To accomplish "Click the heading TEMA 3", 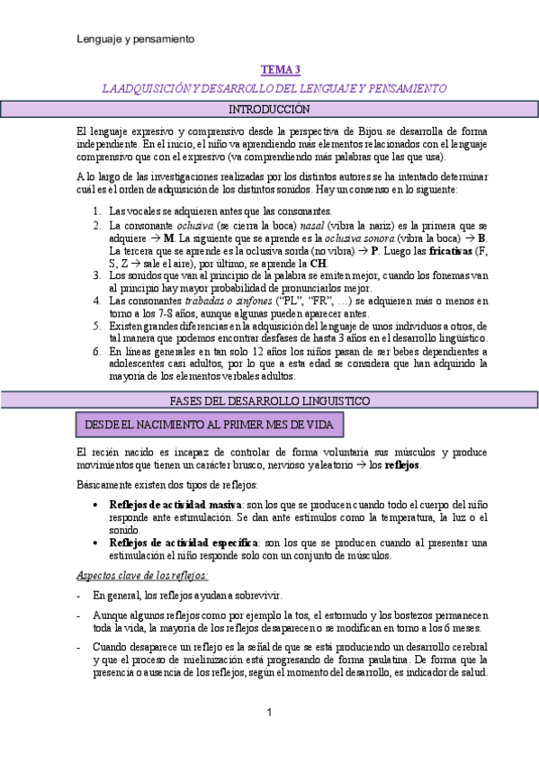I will point(281,69).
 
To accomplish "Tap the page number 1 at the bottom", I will point(269,713).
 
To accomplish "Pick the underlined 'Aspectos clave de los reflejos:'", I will point(143,575).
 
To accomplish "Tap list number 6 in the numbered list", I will point(97,351).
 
